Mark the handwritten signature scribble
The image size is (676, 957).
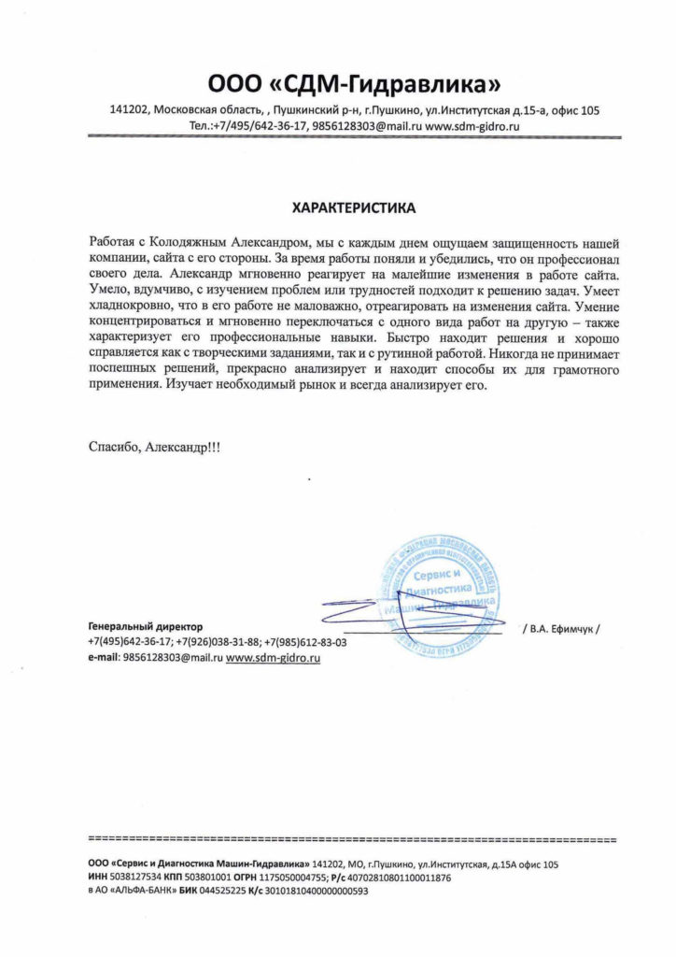point(373,613)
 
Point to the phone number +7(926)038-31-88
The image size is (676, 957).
point(218,642)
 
